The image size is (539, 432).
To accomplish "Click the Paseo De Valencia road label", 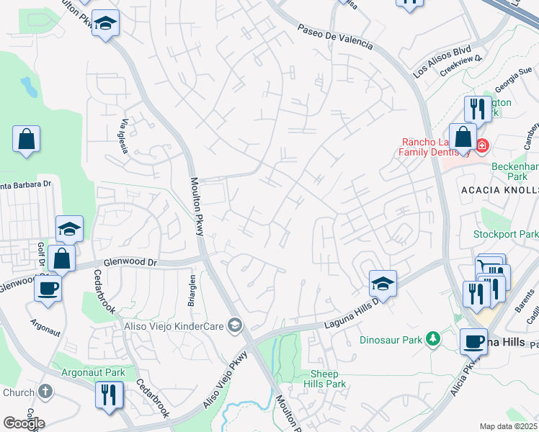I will click(336, 36).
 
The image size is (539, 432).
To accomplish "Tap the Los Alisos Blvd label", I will click(442, 63).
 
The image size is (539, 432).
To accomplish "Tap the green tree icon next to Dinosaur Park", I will click(432, 338).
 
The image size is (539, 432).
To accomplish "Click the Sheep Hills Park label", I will click(329, 379).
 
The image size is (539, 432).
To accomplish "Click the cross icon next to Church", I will click(45, 392).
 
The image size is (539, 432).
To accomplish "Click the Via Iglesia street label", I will click(125, 136).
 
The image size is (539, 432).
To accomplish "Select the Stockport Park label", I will click(506, 234).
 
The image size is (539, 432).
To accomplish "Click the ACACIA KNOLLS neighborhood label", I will click(499, 189).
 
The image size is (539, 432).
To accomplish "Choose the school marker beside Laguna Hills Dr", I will click(383, 284).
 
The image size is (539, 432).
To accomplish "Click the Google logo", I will click(24, 423).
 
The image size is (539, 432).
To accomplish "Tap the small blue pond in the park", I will click(29, 87).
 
